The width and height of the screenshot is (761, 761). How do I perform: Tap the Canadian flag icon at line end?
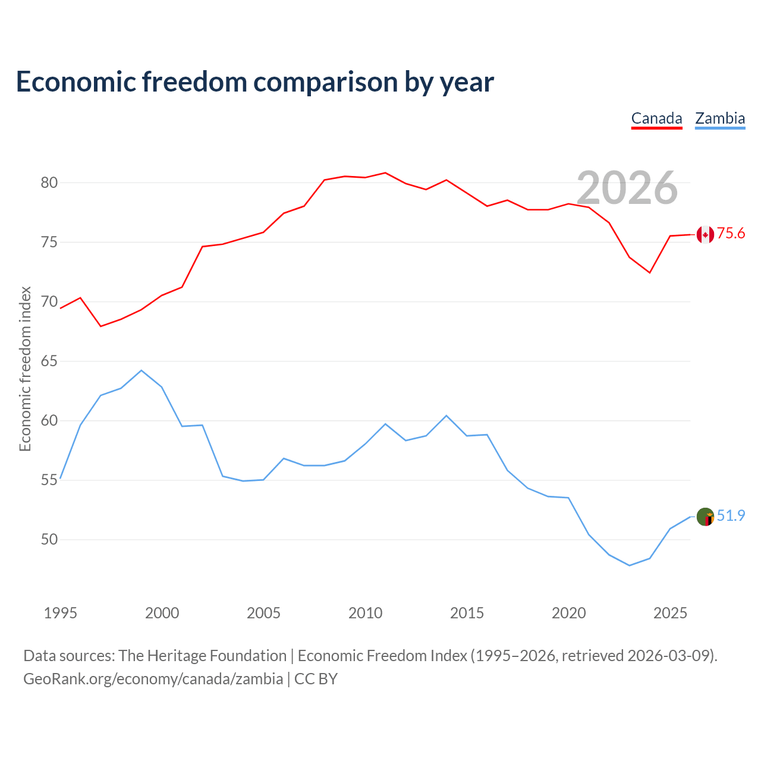(705, 235)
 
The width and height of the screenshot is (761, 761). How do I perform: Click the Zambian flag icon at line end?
(705, 517)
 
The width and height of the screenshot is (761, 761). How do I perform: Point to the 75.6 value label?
(731, 234)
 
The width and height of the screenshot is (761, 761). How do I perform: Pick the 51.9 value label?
(731, 516)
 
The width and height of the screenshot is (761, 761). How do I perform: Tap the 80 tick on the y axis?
(49, 183)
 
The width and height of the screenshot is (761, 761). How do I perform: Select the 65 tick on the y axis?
(49, 361)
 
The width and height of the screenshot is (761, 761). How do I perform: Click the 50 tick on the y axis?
(49, 539)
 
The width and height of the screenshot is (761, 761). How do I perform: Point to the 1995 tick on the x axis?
(61, 613)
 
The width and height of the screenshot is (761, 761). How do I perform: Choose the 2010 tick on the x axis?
(365, 613)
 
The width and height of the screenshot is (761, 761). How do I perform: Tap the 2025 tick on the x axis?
(670, 613)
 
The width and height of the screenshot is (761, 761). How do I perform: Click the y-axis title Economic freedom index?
(25, 369)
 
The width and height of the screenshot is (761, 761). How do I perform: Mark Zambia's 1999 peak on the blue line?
(141, 370)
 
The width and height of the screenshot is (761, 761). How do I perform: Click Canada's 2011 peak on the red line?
(385, 172)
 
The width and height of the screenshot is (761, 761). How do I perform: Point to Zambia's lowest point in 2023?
(630, 565)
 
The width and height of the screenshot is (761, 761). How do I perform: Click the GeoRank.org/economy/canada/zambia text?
(153, 679)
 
